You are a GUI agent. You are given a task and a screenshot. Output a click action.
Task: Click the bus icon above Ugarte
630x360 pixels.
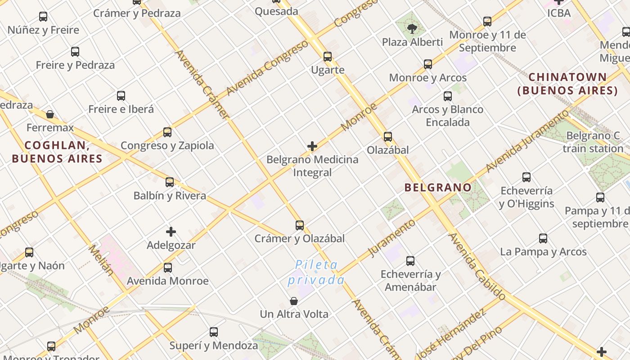[x=328, y=57]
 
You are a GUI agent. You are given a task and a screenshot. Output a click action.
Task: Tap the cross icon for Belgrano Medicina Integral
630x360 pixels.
[x=312, y=146]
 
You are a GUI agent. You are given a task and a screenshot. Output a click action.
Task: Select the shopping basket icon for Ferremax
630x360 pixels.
[x=50, y=114]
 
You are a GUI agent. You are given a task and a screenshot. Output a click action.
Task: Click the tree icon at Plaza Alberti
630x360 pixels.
[x=411, y=29]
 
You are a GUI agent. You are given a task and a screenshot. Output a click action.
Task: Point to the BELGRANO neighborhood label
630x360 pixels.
[x=438, y=187]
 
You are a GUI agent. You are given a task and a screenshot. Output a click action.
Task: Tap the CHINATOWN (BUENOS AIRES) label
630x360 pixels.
[x=567, y=84]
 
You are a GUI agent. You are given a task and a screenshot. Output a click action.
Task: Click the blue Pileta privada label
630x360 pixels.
[x=316, y=273]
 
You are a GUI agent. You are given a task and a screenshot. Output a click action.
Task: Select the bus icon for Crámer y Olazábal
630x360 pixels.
[x=300, y=225]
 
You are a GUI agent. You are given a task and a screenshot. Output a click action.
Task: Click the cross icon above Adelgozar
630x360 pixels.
[x=171, y=232]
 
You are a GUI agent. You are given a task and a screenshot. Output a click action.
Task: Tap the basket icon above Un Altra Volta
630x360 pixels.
[x=294, y=301]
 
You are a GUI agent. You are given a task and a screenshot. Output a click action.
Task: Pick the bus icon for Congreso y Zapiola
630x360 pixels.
[x=167, y=132]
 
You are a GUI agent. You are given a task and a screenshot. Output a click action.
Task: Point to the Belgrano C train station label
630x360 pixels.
[x=593, y=142]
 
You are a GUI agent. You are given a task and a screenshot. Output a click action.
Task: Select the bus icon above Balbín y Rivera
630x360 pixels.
[x=170, y=182]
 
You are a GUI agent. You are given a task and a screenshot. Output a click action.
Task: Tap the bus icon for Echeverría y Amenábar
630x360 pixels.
[x=410, y=261]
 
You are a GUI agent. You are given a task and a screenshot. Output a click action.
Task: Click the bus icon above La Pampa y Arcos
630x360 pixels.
[x=543, y=238]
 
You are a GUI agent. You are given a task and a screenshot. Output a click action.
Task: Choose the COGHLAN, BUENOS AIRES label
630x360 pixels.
[x=57, y=152]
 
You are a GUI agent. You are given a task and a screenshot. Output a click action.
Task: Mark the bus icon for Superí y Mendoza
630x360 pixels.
[x=214, y=332]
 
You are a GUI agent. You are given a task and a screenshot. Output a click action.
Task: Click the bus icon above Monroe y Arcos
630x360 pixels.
[x=428, y=64]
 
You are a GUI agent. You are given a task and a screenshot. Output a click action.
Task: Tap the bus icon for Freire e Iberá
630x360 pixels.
[x=121, y=96]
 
